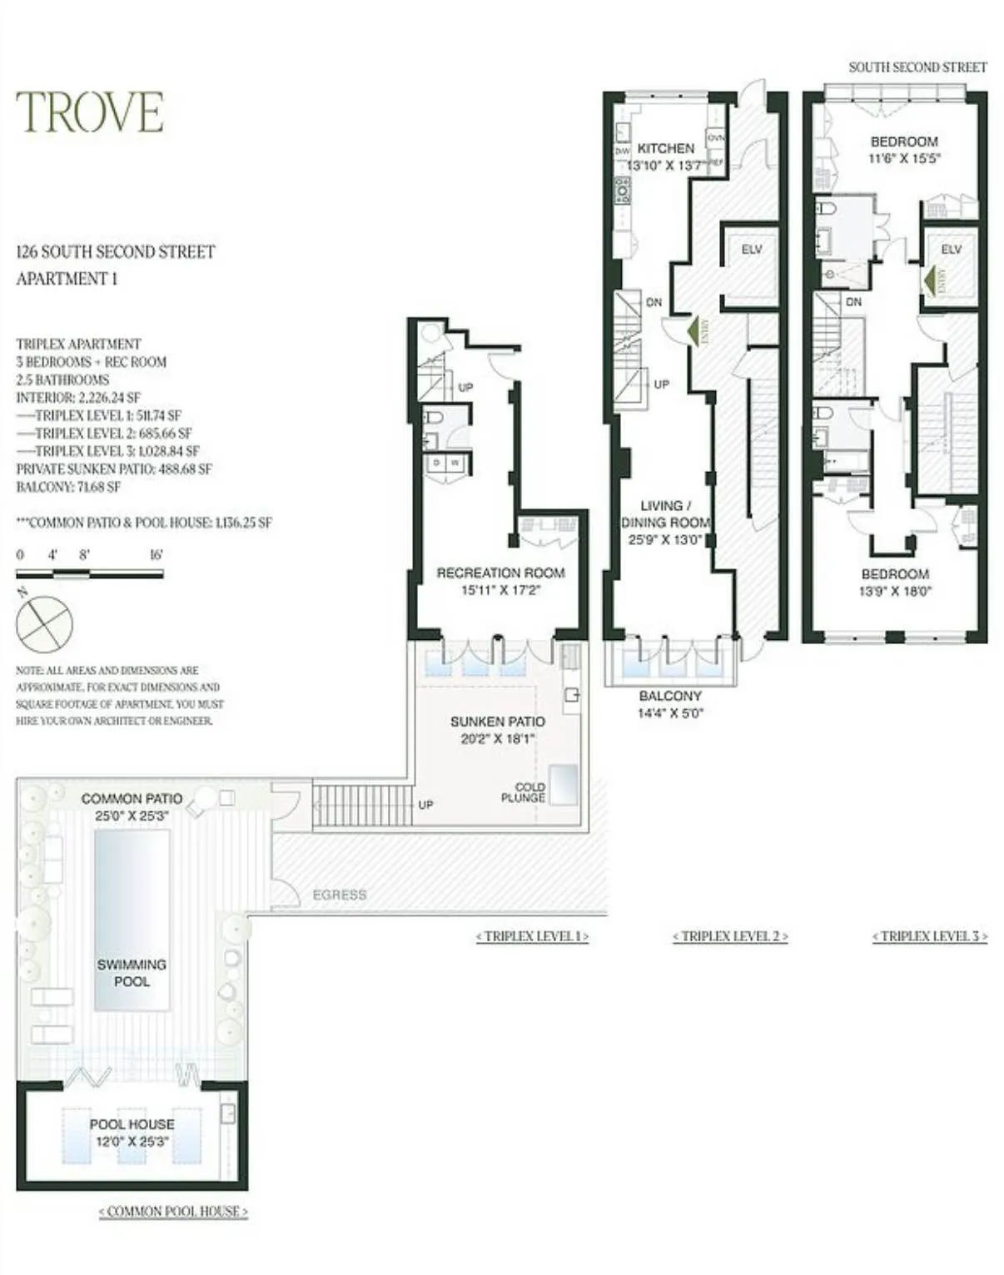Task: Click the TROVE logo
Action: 90,112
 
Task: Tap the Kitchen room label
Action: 665,149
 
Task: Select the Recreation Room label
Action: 500,573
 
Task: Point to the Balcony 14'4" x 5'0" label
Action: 670,704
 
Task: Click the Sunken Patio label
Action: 498,722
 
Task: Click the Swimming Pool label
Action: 132,973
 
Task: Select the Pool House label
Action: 132,1124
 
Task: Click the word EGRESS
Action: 339,895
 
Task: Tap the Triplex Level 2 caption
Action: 730,936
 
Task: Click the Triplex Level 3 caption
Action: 930,936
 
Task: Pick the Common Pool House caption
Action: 173,1212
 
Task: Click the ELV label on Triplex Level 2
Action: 751,250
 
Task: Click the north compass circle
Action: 45,624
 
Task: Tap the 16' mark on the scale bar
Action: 156,555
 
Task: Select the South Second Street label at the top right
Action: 917,67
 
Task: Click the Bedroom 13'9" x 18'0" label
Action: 895,583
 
